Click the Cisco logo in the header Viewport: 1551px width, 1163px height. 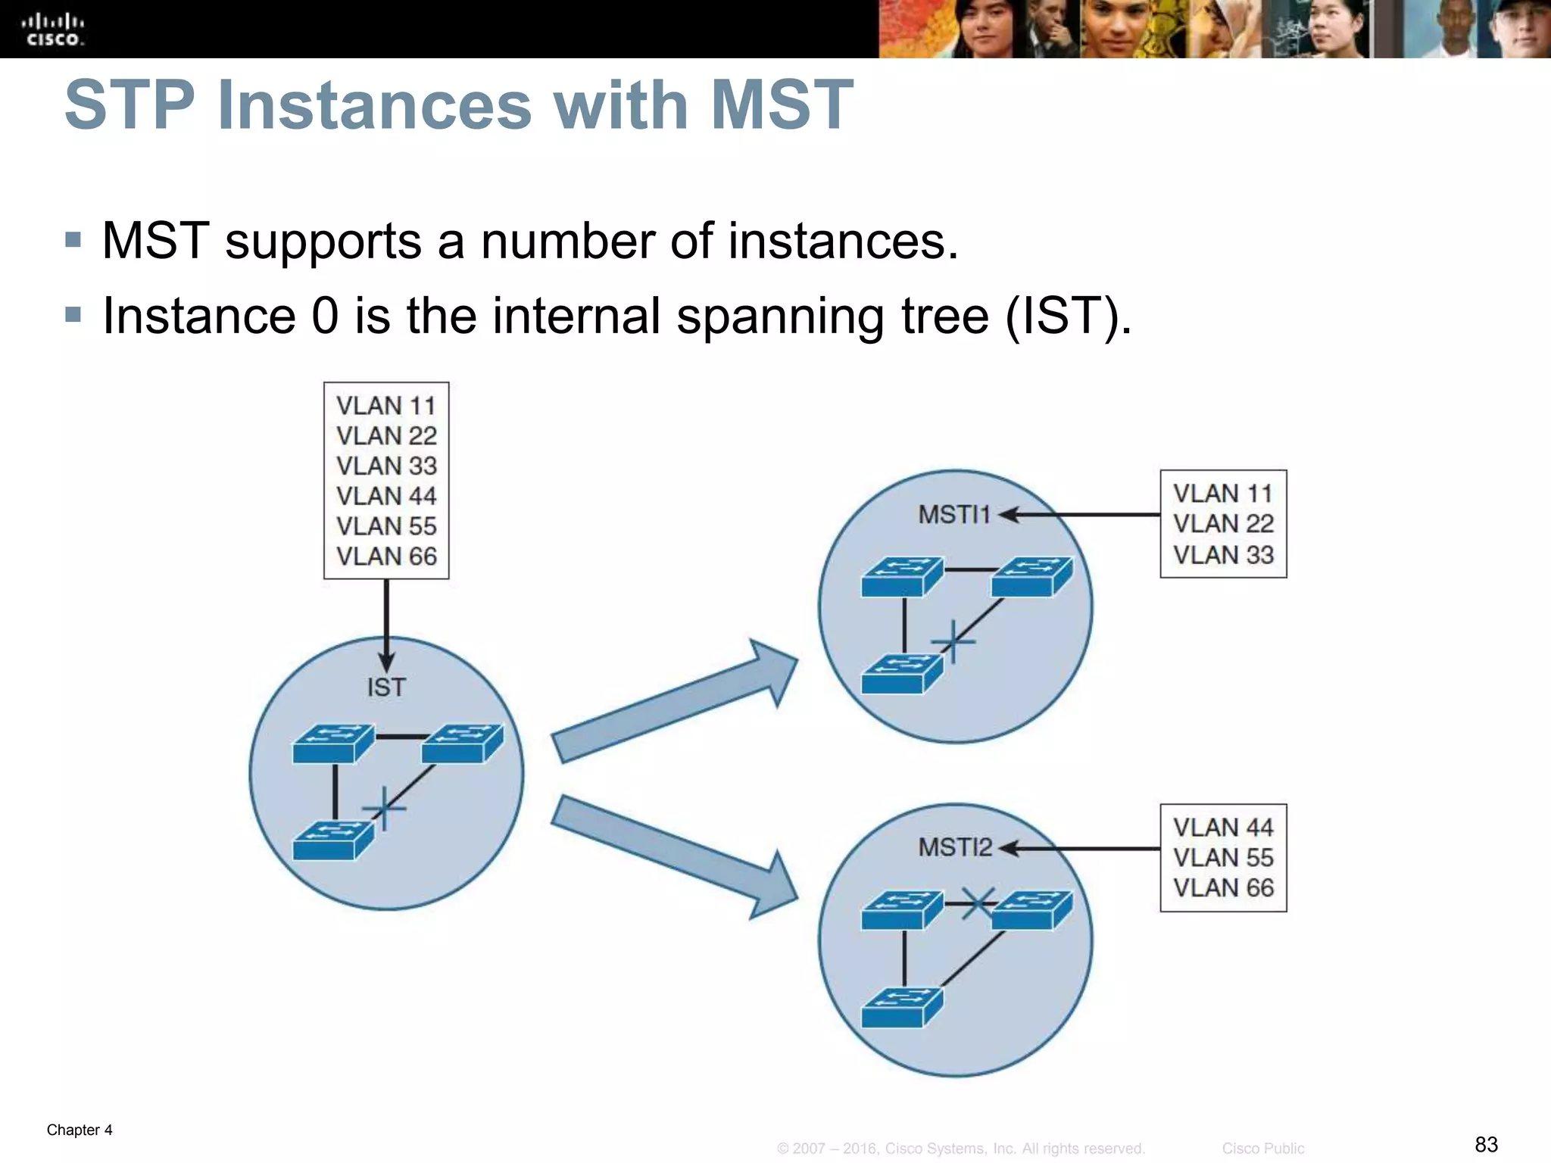coord(52,29)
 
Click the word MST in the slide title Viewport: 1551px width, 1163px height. coord(782,105)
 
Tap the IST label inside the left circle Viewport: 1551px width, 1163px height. coord(386,688)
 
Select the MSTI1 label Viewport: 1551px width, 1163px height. coord(954,515)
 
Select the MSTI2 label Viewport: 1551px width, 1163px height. coord(955,847)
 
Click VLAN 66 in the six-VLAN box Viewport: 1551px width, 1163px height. coord(386,557)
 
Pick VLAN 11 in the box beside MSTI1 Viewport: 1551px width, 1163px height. coord(1222,494)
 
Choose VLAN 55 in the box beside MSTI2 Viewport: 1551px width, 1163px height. coord(1222,858)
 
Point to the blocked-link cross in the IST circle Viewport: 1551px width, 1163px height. coord(385,809)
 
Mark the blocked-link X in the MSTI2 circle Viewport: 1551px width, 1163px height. coord(978,903)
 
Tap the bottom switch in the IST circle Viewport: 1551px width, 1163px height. coord(332,841)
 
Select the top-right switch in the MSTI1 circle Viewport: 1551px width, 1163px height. coord(1031,577)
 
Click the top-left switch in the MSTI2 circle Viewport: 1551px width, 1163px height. coord(901,910)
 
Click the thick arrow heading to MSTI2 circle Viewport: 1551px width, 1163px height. coord(674,856)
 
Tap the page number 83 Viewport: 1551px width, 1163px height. coord(1486,1144)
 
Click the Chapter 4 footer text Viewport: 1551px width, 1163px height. coord(80,1130)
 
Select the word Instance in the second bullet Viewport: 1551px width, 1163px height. coord(199,316)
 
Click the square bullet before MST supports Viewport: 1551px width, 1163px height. coord(73,241)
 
